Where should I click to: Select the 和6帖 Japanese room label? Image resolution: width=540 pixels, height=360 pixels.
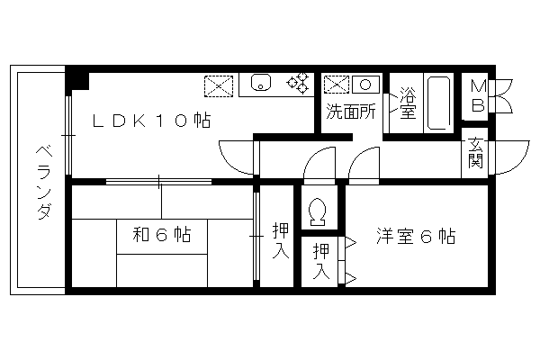[162, 236]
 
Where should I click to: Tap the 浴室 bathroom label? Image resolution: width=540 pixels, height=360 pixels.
[407, 103]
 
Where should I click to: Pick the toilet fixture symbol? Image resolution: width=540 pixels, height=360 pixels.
[316, 211]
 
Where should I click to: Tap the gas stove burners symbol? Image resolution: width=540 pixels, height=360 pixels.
[298, 84]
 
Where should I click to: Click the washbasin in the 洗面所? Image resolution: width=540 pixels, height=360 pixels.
[366, 85]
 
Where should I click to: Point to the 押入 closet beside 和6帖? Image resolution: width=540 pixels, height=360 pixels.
[280, 240]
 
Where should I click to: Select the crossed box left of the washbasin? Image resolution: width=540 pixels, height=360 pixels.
[336, 85]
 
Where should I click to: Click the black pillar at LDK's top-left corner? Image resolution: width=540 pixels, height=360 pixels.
[78, 78]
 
